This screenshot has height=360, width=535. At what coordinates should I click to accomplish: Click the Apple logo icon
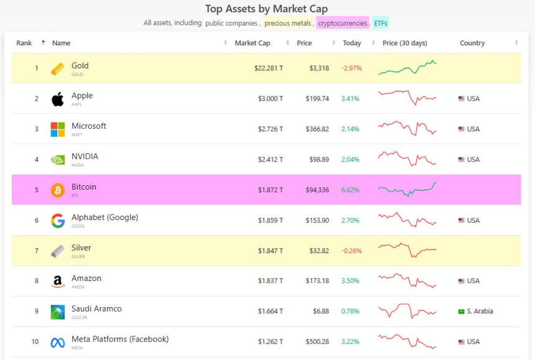[58, 99]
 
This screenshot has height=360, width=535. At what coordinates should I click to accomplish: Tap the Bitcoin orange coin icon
[58, 190]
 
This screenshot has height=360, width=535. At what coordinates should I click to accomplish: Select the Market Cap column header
[252, 43]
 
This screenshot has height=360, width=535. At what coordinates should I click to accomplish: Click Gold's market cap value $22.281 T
[269, 68]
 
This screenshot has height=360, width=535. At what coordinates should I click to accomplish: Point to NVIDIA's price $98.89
[319, 160]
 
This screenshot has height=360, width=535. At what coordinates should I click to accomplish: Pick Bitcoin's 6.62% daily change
[350, 190]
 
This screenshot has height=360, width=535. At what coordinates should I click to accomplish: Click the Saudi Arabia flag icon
[462, 312]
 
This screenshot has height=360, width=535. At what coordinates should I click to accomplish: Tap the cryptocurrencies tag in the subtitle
[343, 23]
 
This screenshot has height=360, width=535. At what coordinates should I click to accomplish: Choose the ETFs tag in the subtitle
[381, 23]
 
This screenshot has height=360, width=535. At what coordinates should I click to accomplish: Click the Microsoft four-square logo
[58, 129]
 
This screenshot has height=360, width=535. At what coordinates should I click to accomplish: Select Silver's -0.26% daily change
[351, 251]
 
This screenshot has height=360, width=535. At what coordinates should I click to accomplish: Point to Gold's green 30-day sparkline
[407, 68]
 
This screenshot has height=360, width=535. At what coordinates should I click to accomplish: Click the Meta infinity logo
[58, 342]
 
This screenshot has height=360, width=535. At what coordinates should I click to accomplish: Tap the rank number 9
[37, 312]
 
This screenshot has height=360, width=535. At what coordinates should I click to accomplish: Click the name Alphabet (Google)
[105, 218]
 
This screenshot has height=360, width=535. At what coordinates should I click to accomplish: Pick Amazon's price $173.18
[317, 281]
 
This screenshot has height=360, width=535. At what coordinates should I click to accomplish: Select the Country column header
[472, 43]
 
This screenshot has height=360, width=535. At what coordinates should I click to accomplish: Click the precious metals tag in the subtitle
[287, 23]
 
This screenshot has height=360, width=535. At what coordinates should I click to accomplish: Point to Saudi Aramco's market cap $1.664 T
[270, 312]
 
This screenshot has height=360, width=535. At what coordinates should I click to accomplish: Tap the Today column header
[351, 43]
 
